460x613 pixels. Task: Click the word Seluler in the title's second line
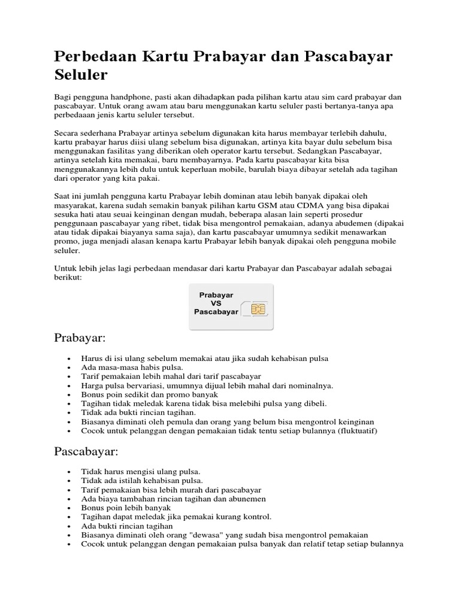[x=81, y=75]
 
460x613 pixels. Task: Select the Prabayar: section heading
[x=80, y=339]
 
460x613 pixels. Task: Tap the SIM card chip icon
[x=259, y=309]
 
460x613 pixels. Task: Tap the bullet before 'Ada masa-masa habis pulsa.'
[x=70, y=367]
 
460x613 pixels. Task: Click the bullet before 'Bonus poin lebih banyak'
[x=70, y=508]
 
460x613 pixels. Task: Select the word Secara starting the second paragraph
[x=67, y=131]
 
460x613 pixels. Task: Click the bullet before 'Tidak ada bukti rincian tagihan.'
[x=70, y=412]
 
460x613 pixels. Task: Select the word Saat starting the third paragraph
[x=63, y=196]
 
